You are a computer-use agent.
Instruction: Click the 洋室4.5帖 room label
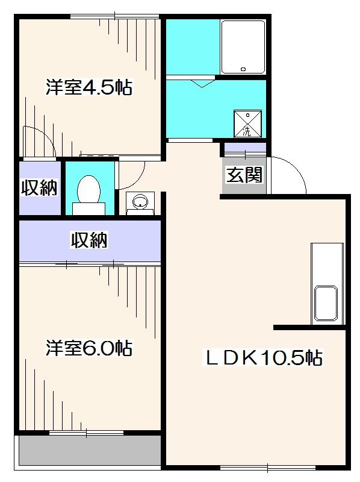pos(88,88)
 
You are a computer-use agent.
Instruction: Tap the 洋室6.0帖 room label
pos(89,348)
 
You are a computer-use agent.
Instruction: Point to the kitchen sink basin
pos(327,304)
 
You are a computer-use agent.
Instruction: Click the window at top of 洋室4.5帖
pos(101,16)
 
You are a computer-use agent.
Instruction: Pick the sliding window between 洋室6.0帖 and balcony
pos(87,433)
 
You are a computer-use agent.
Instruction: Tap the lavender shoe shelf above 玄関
pos(244,147)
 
